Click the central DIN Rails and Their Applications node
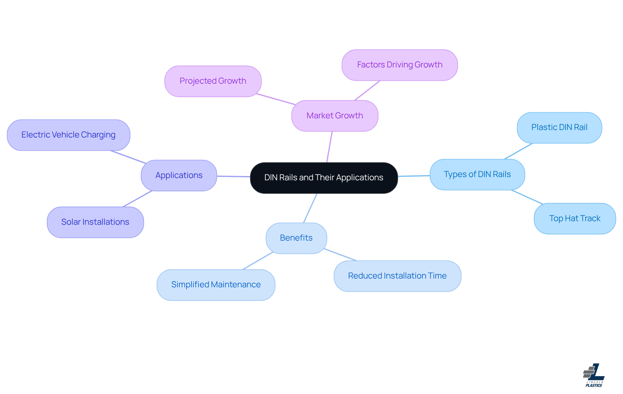[324, 178]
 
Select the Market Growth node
[335, 116]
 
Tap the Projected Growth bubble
[213, 81]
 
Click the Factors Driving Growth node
[400, 65]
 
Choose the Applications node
[179, 175]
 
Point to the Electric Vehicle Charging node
[68, 135]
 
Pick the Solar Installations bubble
[95, 222]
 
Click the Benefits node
[296, 238]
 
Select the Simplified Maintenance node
[216, 285]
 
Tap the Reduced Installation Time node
[397, 276]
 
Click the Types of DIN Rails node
[477, 174]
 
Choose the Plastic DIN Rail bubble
[559, 127]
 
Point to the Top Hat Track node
[575, 219]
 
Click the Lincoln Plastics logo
[594, 375]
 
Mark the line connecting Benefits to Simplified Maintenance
[258, 261]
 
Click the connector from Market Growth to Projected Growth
[276, 99]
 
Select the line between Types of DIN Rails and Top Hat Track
[527, 197]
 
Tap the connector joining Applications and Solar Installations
[138, 199]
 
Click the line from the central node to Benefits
[310, 208]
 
